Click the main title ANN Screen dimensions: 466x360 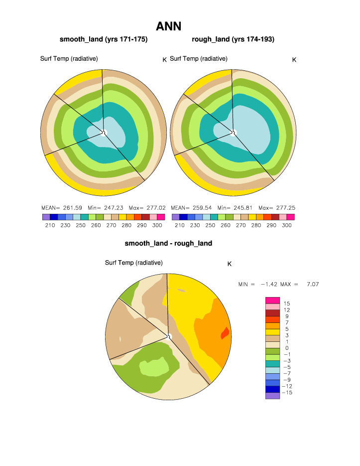click(168, 26)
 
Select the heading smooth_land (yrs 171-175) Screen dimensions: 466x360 click(104, 39)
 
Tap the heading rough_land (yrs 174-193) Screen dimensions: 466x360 click(233, 39)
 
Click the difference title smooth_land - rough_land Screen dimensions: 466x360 click(168, 243)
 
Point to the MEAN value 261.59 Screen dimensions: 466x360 click(72, 208)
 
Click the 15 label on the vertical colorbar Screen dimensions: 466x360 click(287, 304)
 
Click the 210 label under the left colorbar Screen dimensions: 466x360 click(50, 225)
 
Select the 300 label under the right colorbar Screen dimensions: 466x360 click(287, 225)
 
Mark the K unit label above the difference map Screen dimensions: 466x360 click(230, 264)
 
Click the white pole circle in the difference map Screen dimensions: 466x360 click(169, 336)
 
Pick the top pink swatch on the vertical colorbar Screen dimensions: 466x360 click(272, 300)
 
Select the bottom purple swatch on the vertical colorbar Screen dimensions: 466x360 click(272, 396)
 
